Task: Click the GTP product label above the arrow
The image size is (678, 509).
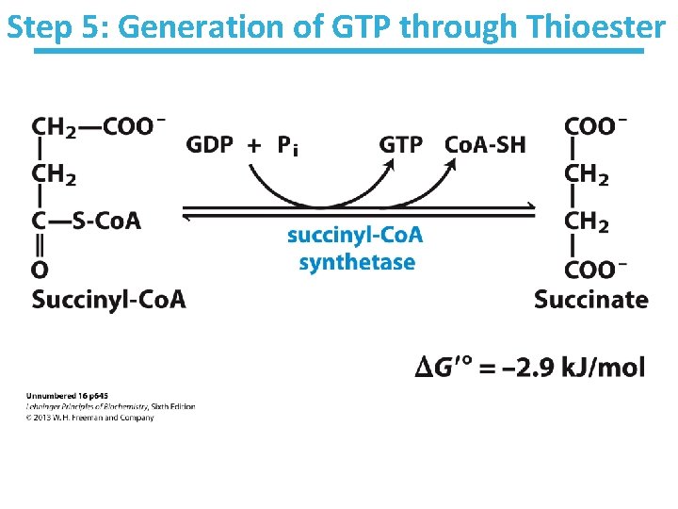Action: point(401,144)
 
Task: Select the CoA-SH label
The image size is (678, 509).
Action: point(484,144)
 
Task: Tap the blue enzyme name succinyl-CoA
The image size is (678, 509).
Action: point(355,235)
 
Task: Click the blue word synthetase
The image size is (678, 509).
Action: point(356,261)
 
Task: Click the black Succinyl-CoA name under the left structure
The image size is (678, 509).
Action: point(108,300)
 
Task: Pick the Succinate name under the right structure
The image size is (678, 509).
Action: point(591,300)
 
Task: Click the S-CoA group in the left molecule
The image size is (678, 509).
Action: point(100,221)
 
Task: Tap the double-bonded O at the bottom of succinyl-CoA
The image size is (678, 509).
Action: point(40,271)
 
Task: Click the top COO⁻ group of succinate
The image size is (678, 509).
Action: point(596,126)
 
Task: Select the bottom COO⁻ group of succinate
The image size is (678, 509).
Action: point(596,271)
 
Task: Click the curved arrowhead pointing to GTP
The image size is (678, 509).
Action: point(390,164)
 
